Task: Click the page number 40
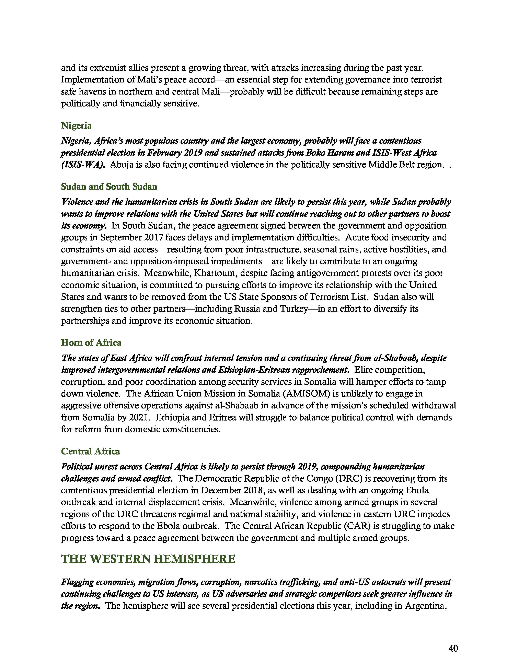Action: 453,648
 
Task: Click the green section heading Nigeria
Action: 76,125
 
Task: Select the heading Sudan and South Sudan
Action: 109,187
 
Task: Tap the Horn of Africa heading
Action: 91,343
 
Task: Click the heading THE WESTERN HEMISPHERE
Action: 148,559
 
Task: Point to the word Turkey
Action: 294,309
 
